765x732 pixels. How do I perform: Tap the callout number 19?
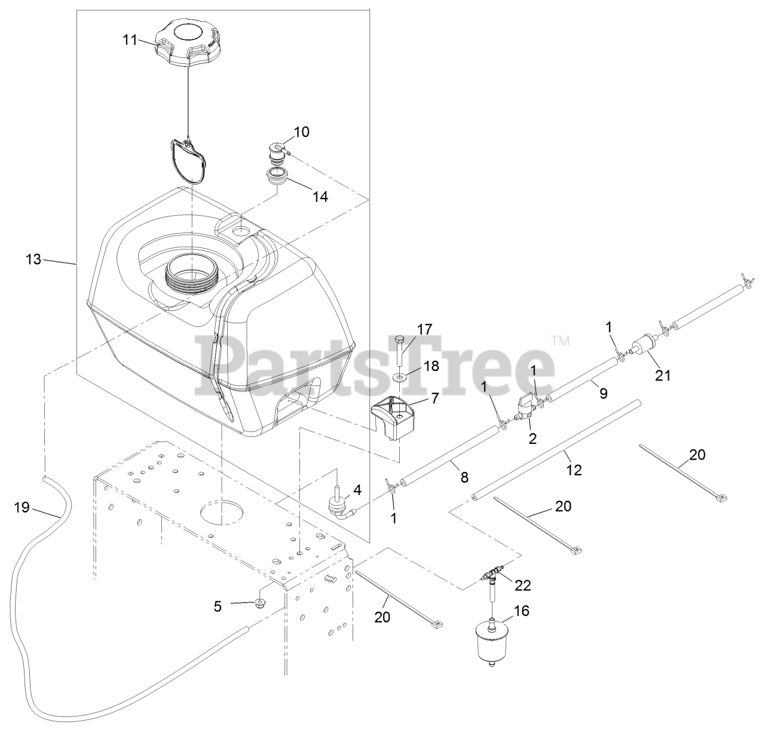[x=22, y=507]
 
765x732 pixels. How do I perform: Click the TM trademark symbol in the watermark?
[x=560, y=341]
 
